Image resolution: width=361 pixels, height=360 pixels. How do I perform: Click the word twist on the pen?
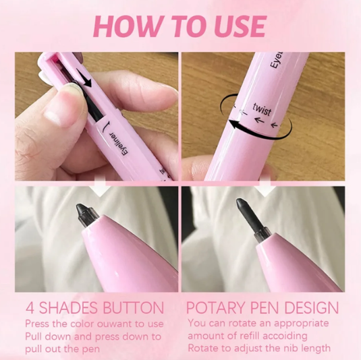pyautogui.click(x=262, y=109)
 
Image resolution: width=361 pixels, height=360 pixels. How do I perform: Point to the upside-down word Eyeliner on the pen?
pyautogui.click(x=119, y=143)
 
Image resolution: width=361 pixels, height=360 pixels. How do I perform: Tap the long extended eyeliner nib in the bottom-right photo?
pyautogui.click(x=252, y=218)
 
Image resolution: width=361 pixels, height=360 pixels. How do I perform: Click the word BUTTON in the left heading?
pyautogui.click(x=134, y=308)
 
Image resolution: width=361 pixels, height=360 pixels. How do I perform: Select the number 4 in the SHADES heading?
pyautogui.click(x=30, y=308)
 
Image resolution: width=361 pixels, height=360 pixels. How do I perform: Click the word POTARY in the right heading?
pyautogui.click(x=216, y=307)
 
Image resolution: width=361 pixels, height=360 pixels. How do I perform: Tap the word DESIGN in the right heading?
pyautogui.click(x=312, y=307)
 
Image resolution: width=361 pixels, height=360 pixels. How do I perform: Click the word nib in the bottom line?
pyautogui.click(x=294, y=348)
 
